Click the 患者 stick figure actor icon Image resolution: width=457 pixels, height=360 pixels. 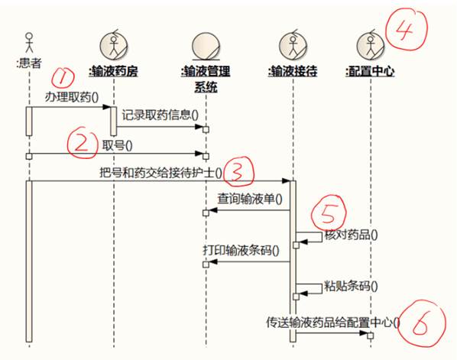click(x=29, y=43)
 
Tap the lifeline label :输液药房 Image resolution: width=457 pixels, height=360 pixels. click(x=113, y=71)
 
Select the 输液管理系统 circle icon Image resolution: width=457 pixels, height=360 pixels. click(x=206, y=46)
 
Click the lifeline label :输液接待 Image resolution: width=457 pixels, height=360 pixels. click(x=293, y=71)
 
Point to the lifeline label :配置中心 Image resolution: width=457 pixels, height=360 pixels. click(x=370, y=71)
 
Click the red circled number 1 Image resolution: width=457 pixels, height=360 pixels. click(x=63, y=77)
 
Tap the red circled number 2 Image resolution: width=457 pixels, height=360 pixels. click(x=82, y=143)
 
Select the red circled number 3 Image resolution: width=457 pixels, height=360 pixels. click(x=239, y=171)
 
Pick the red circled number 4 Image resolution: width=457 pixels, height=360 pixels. click(x=407, y=30)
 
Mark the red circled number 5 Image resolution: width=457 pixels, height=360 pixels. click(x=329, y=212)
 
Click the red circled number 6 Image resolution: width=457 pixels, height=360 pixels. click(x=421, y=324)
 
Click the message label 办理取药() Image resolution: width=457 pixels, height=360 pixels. click(x=72, y=97)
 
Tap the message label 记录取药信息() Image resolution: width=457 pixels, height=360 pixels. click(x=160, y=115)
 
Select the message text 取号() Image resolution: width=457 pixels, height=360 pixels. click(x=117, y=145)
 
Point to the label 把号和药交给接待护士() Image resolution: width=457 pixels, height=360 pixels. click(x=161, y=173)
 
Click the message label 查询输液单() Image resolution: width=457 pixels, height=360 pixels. click(x=250, y=199)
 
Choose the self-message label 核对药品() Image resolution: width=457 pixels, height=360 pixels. click(x=351, y=235)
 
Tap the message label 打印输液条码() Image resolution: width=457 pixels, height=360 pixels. click(x=241, y=251)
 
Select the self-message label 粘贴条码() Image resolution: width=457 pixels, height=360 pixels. click(x=351, y=287)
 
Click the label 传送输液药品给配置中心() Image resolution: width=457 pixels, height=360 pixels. click(x=333, y=323)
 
